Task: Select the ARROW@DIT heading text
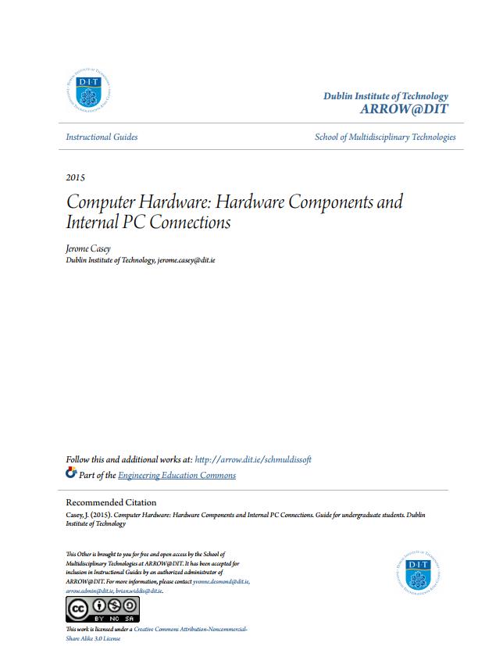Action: [404, 109]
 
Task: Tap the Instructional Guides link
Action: [102, 137]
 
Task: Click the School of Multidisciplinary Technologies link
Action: [385, 137]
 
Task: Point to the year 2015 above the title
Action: [76, 177]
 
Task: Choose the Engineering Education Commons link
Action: [177, 475]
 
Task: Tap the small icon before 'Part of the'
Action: [71, 473]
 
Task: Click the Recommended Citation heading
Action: [111, 502]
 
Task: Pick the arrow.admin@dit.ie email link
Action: [89, 591]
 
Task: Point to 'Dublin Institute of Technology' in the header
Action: [386, 95]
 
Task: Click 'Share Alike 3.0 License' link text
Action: [93, 638]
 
